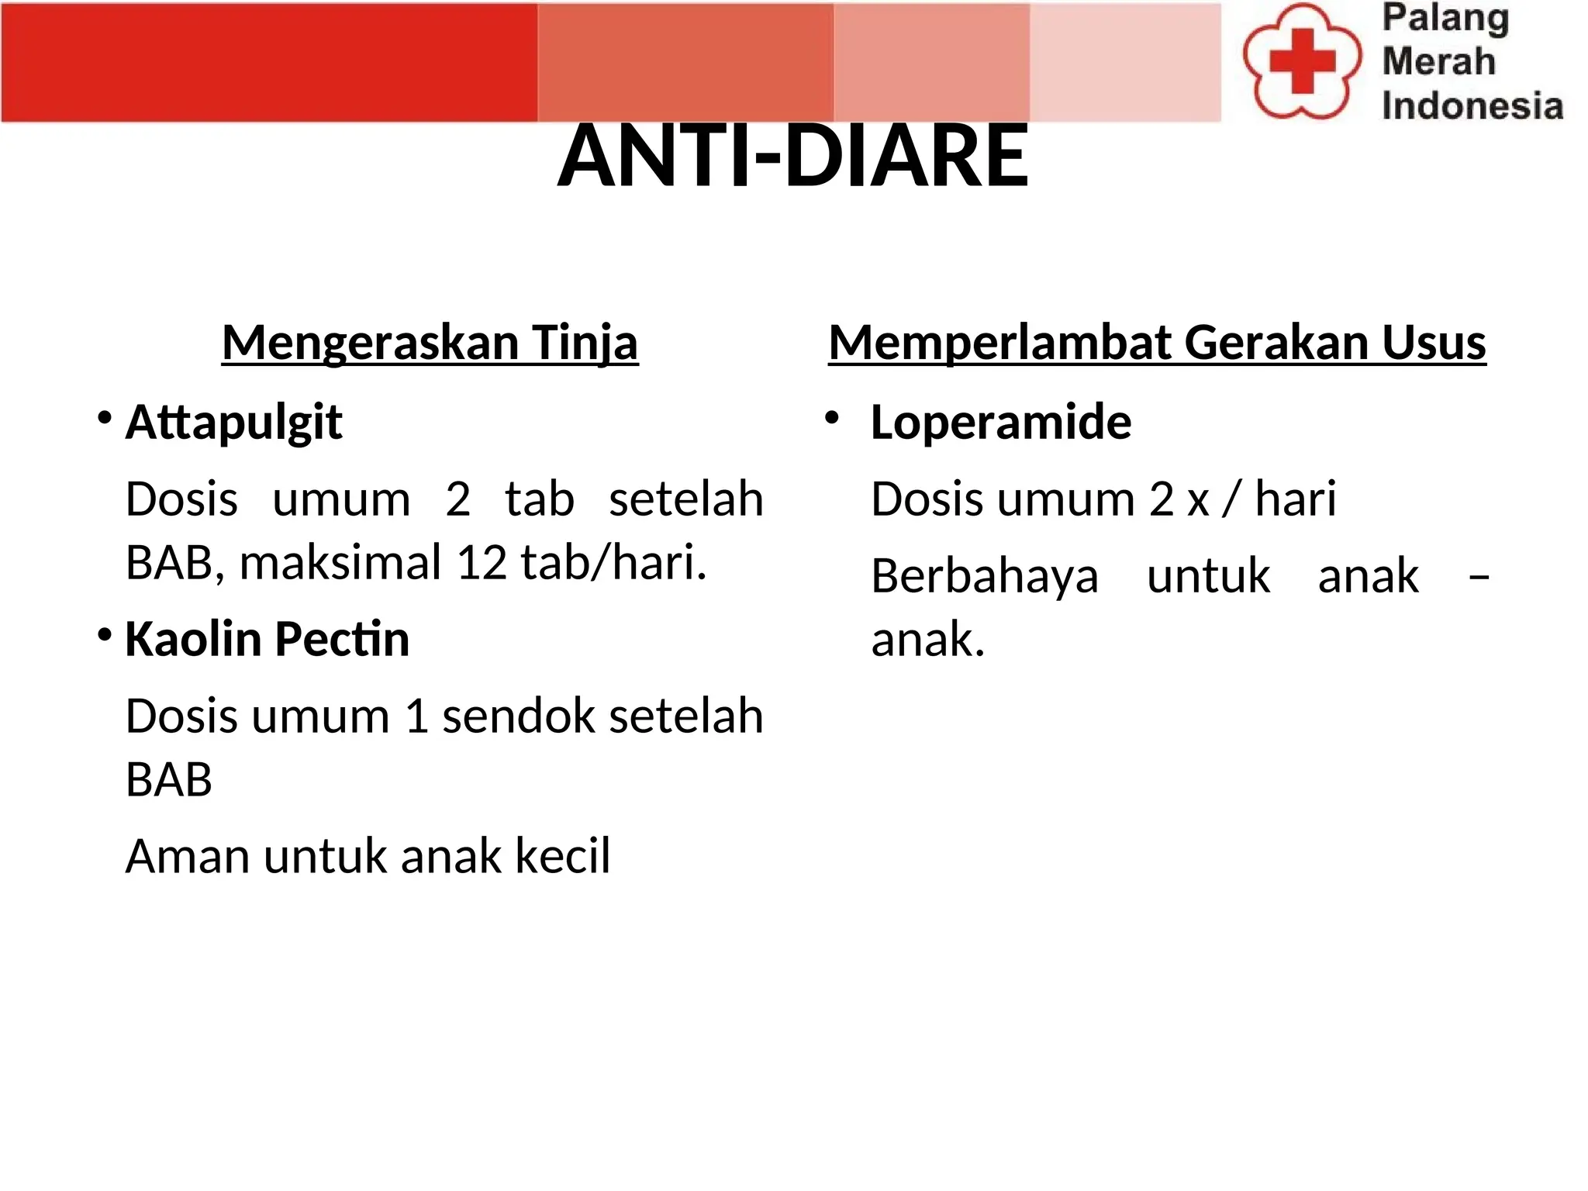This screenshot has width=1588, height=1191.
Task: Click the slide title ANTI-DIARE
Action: [x=792, y=157]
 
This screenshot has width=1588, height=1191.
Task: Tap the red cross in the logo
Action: [x=1303, y=60]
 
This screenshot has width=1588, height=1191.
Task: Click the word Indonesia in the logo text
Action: [x=1472, y=106]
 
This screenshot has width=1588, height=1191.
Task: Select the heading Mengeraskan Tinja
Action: [x=430, y=342]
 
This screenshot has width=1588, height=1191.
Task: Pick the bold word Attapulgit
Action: [x=233, y=423]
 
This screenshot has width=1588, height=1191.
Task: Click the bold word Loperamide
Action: [x=1000, y=423]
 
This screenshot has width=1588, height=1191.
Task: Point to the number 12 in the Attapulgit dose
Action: [x=481, y=562]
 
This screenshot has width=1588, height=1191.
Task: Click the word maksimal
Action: [x=340, y=562]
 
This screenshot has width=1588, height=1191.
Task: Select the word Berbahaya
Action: [x=985, y=577]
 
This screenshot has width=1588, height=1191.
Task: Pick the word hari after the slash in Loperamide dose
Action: [x=1296, y=499]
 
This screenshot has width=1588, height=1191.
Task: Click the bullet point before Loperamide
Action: [x=832, y=419]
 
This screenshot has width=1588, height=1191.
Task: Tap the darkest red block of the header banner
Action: [x=268, y=62]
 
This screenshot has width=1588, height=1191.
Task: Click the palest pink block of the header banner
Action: [x=1124, y=62]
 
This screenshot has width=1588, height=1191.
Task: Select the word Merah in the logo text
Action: [x=1438, y=61]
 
